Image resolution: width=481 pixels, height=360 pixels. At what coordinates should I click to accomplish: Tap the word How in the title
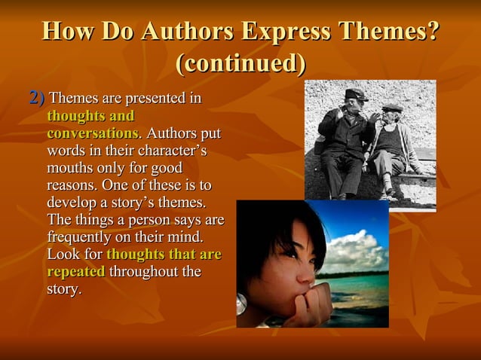tap(70, 32)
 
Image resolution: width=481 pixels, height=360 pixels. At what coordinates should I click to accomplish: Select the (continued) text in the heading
tap(240, 63)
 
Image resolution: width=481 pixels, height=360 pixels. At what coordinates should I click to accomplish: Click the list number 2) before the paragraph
tap(36, 97)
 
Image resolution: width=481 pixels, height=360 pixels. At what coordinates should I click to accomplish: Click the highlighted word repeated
tap(75, 271)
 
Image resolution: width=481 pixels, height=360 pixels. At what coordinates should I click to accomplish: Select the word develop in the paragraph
tap(76, 203)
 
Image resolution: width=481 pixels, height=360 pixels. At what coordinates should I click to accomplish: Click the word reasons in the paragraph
tap(71, 185)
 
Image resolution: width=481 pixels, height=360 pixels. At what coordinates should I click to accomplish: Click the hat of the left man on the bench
tap(355, 94)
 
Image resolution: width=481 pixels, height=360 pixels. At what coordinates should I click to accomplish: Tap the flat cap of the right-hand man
tap(391, 108)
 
